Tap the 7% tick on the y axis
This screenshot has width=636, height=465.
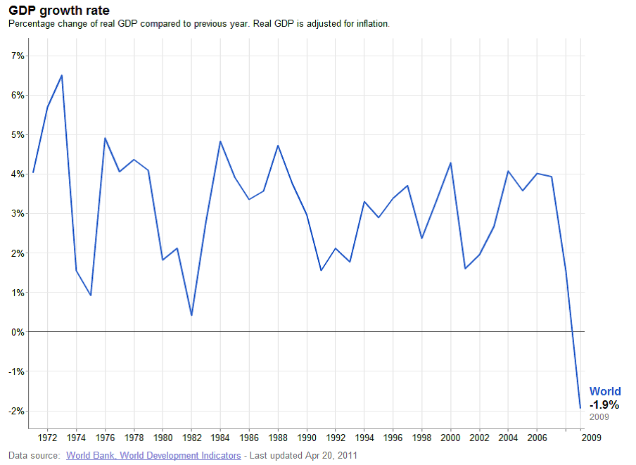[x=17, y=56]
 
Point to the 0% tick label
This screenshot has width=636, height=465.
[x=17, y=332]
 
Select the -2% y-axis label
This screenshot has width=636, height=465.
[x=15, y=411]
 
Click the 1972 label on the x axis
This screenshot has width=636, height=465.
[x=47, y=436]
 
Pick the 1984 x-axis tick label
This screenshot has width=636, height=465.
[x=220, y=436]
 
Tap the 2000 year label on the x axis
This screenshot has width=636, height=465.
[x=450, y=436]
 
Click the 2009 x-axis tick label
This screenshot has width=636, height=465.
[x=590, y=436]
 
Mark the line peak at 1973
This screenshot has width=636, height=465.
[x=62, y=75]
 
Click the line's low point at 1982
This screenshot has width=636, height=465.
[x=191, y=315]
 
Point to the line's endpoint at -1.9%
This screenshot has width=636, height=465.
[x=580, y=407]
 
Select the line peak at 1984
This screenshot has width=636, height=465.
[x=220, y=141]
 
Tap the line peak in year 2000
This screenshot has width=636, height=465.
[x=450, y=163]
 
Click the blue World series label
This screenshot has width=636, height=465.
[x=605, y=391]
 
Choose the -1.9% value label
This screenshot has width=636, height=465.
[x=604, y=405]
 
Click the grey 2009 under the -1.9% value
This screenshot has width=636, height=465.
[x=599, y=417]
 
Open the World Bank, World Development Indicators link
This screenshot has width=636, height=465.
[x=153, y=455]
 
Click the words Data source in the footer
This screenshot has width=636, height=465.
[x=33, y=455]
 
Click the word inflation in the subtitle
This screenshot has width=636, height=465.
[x=371, y=23]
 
